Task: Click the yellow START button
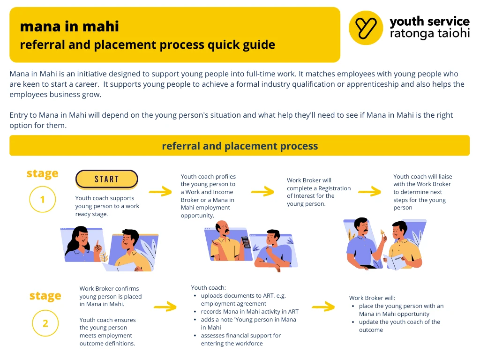point(106,179)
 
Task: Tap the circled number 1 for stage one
point(43,200)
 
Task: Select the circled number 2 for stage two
point(45,323)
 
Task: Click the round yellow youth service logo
point(366,28)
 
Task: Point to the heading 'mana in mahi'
point(69,26)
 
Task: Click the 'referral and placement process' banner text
point(240,146)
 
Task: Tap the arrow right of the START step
point(160,191)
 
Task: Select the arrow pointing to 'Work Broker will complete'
point(262,191)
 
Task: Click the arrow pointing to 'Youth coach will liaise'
point(369,191)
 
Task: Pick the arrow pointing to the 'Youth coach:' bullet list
point(165,306)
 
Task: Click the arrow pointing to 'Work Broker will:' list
point(323,306)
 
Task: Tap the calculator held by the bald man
point(246,242)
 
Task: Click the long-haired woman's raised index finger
point(97,244)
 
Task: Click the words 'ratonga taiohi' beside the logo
point(430,33)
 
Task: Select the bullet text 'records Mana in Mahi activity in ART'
point(249,312)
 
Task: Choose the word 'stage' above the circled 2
point(45,296)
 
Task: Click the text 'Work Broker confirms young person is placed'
point(111,292)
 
